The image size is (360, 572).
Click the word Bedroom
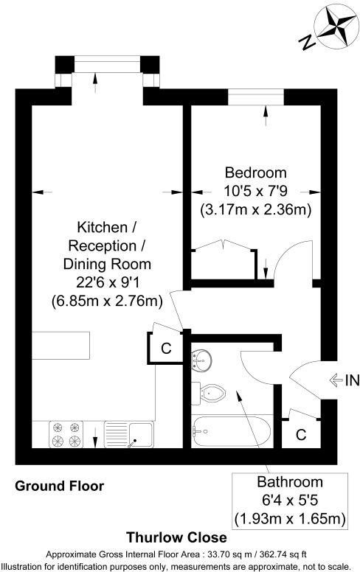tap(255, 173)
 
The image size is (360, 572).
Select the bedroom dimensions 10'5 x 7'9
tap(255, 192)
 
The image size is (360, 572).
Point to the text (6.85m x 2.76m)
tap(107, 301)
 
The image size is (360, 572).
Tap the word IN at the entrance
tap(350, 380)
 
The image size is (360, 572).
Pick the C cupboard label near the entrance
tap(301, 435)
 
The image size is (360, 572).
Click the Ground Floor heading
tap(60, 486)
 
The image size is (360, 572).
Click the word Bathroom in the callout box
tap(290, 483)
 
